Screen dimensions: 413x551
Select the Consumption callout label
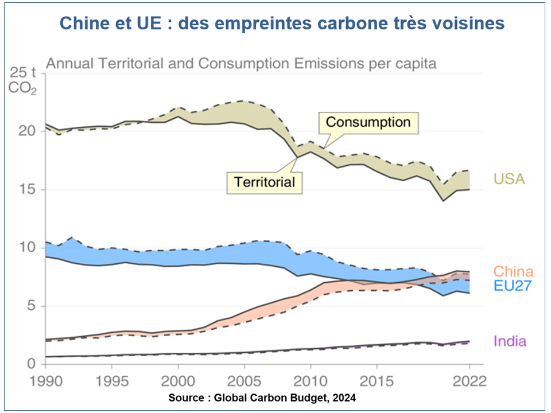click(x=368, y=122)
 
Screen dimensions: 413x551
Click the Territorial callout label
click(x=264, y=182)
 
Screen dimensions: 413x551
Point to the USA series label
click(x=509, y=179)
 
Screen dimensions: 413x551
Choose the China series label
click(x=513, y=271)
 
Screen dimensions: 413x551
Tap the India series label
click(x=510, y=341)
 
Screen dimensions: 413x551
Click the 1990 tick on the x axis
click(x=45, y=381)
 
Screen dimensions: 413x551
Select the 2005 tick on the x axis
click(x=245, y=381)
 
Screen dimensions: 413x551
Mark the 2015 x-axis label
click(x=377, y=381)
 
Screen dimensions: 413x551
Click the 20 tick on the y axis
click(x=27, y=131)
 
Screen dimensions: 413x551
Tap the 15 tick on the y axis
click(x=27, y=189)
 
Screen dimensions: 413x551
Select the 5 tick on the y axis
click(x=32, y=306)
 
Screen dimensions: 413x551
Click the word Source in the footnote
click(x=185, y=398)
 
